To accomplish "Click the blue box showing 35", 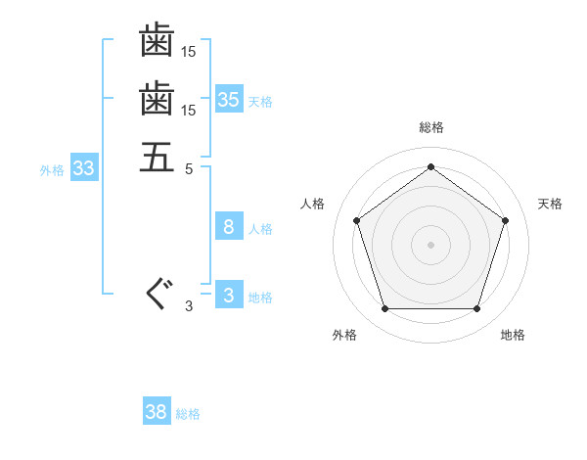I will (229, 99).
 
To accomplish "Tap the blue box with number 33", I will (84, 168).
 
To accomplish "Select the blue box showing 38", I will (157, 412).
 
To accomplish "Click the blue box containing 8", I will (229, 227).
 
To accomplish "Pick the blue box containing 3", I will (229, 296).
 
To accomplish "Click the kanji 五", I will (157, 156).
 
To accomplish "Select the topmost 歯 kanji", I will (157, 41).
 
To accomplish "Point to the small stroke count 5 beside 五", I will (189, 167).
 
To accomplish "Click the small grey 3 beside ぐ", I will (189, 306).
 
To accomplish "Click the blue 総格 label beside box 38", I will (188, 414).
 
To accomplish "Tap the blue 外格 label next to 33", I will (52, 169).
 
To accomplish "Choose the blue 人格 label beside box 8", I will (260, 229).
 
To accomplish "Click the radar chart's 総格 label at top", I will (430, 127).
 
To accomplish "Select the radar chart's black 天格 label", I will (550, 204).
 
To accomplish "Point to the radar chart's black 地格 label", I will (513, 335).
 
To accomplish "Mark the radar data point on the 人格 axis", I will (357, 220).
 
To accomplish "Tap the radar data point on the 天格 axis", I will (505, 220).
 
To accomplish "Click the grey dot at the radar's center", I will (430, 244).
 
